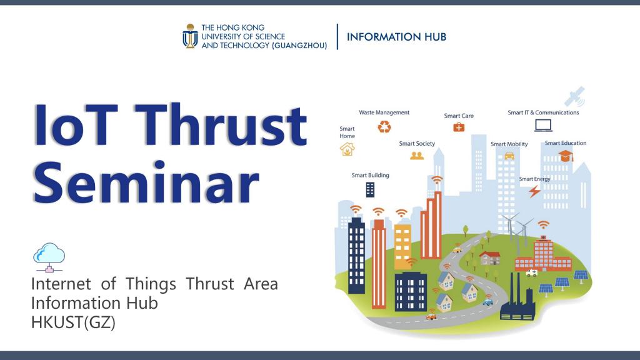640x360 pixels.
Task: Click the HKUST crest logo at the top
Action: (190, 36)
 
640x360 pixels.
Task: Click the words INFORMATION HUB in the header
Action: (396, 37)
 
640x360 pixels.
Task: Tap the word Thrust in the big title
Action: (221, 124)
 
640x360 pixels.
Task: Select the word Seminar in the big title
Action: (146, 182)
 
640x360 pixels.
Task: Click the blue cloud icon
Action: (49, 257)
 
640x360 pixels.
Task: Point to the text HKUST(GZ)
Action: (74, 322)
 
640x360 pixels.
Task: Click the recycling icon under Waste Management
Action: (384, 126)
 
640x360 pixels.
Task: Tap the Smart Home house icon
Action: (347, 149)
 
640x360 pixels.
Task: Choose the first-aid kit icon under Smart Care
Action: (459, 127)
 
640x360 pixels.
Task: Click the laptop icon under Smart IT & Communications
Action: (543, 125)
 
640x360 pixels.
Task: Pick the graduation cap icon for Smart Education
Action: (566, 156)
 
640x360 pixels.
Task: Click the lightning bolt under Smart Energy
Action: (534, 191)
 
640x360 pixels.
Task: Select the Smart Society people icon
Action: (417, 156)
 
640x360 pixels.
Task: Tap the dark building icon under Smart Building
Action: (370, 189)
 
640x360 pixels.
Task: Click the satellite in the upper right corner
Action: (575, 97)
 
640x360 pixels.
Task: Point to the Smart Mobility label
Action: (509, 144)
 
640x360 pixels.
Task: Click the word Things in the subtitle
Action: (151, 284)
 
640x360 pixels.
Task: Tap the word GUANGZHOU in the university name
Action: (299, 46)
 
